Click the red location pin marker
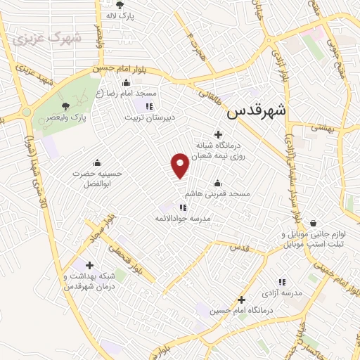180,165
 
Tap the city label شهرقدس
257,110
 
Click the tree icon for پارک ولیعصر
66,105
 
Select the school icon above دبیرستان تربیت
149,105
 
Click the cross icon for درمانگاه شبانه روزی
218,134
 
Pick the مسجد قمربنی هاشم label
217,193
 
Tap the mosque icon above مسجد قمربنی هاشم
217,184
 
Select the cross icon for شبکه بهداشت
89,265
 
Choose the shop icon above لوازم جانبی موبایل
312,223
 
